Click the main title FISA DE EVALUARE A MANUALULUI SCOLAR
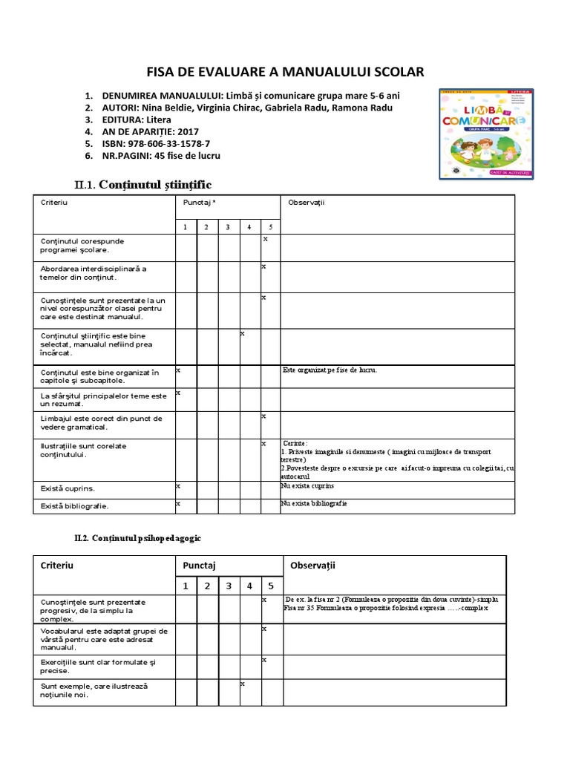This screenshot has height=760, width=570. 285,72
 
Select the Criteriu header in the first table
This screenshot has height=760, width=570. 54,202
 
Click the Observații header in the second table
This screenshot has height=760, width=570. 312,566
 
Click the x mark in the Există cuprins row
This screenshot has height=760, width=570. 178,485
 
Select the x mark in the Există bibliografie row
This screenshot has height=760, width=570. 178,503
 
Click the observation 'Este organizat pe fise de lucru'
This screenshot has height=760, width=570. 330,370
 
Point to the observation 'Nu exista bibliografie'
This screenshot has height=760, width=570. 314,503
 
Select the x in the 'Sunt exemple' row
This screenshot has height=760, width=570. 243,683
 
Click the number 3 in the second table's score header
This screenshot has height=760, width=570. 229,586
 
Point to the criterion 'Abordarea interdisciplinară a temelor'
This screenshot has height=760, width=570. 94,272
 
